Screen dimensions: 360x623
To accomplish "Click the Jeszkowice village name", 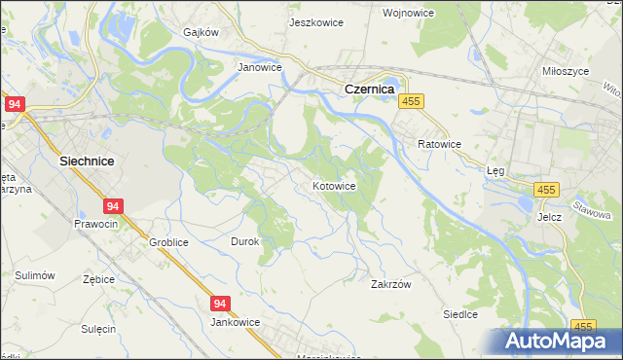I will coord(315,21).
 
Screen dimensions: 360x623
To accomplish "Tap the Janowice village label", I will coord(260,68).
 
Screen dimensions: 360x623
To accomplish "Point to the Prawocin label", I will coord(96,224).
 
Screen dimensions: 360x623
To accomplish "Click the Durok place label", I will coord(244,241).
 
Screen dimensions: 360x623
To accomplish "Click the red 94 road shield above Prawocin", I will coord(113,206).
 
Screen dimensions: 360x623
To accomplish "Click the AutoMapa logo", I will coord(559,341).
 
